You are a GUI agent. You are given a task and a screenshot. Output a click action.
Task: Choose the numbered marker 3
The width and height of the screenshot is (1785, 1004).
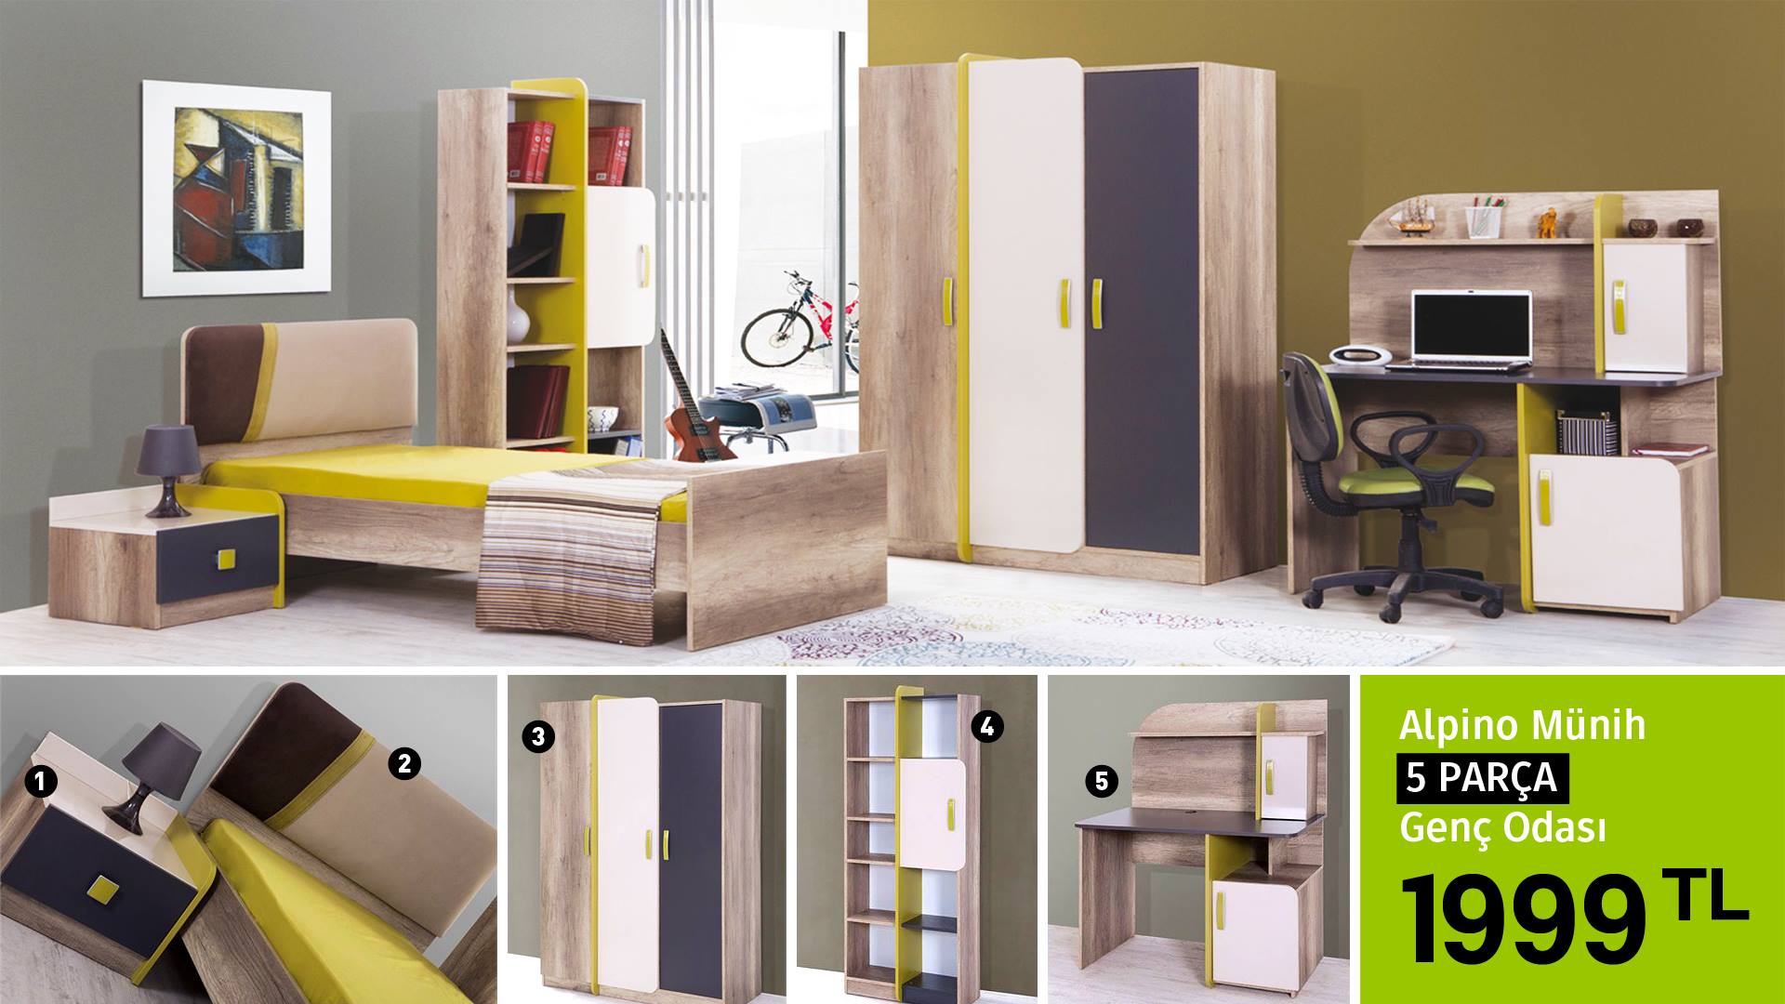tap(538, 737)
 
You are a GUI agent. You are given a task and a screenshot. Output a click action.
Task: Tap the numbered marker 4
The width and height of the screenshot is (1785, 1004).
tap(987, 727)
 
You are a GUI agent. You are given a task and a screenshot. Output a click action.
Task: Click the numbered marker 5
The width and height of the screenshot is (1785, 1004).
tap(1102, 782)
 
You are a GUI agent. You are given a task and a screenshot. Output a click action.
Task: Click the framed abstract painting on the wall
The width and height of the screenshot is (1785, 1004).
tap(236, 189)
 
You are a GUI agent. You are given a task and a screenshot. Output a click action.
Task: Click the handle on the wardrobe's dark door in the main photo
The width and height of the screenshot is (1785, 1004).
tap(1096, 303)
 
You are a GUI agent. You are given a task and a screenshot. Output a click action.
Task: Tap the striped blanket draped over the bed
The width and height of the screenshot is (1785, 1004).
tap(569, 548)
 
